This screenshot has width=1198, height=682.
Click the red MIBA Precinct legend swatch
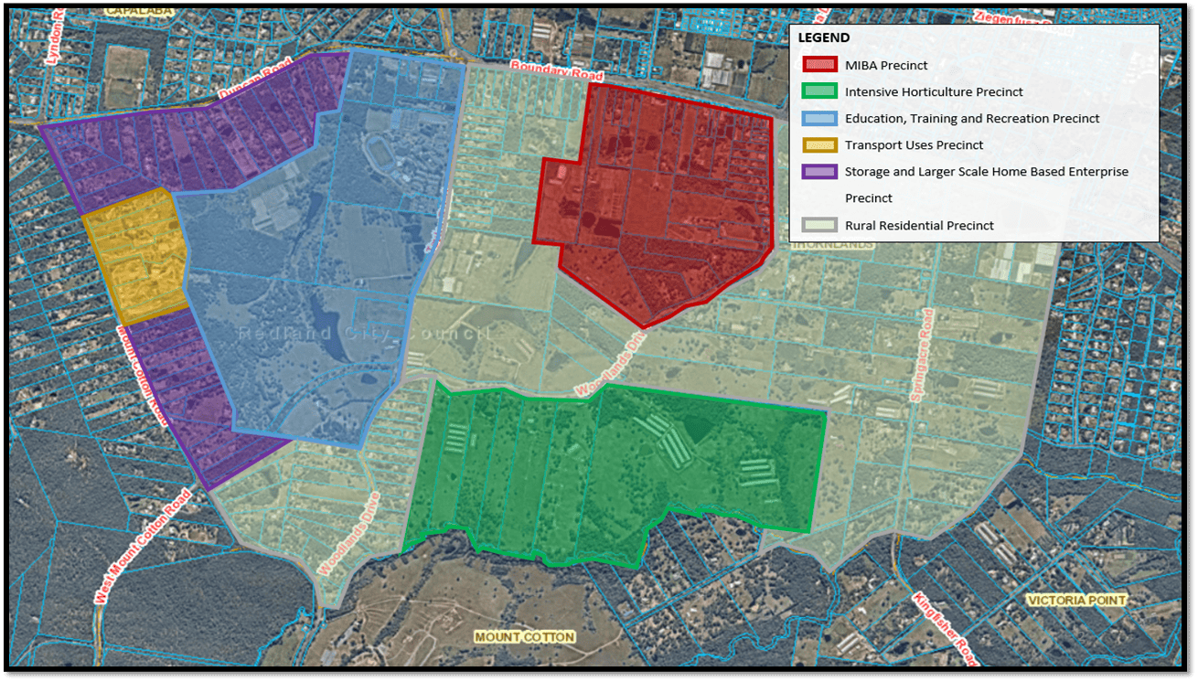(x=819, y=65)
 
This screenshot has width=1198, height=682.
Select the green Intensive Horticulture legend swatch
(x=819, y=91)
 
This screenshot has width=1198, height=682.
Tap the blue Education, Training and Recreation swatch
(x=819, y=118)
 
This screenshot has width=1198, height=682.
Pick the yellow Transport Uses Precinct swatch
(x=819, y=144)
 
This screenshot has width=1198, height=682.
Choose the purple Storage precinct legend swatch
(x=819, y=171)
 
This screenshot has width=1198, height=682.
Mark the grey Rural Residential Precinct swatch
(x=819, y=225)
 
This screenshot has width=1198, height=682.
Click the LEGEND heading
(x=823, y=38)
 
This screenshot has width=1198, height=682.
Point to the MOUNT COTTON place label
(x=524, y=636)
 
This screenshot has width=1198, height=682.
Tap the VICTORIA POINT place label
(x=1076, y=601)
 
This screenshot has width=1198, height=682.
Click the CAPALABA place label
(x=139, y=11)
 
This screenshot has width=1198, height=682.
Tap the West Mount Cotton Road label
(x=143, y=547)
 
